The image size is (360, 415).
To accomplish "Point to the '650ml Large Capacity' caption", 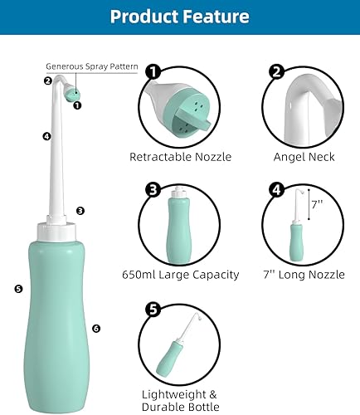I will [x=180, y=274].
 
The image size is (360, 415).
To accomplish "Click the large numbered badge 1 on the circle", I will [x=153, y=72].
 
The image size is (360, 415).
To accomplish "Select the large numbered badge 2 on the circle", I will [x=275, y=72].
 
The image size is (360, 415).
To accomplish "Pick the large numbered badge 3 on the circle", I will [x=153, y=189].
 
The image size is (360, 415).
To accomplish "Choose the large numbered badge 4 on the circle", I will [x=275, y=189].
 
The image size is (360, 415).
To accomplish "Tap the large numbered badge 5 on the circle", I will [x=153, y=310].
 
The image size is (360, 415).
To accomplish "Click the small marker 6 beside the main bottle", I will [x=96, y=329].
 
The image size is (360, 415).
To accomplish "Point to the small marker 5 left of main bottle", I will [x=18, y=289].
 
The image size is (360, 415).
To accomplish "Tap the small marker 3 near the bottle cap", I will [x=80, y=211].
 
